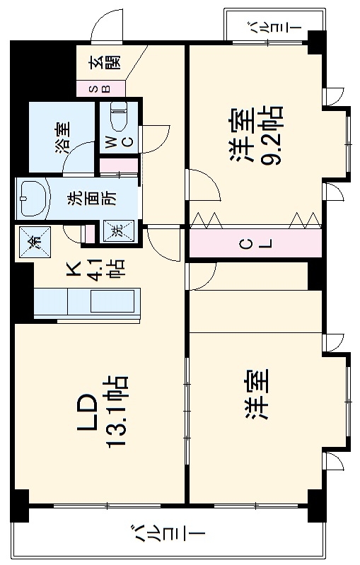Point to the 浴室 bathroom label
pos(62,138)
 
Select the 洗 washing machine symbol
pos(116,230)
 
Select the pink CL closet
pos(255,245)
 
